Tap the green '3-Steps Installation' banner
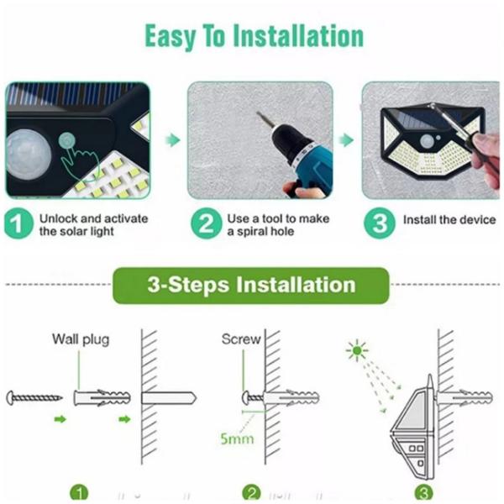coord(251,285)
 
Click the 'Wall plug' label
coord(81,339)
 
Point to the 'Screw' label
coord(241,339)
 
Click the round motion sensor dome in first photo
coord(25,154)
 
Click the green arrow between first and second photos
coord(171,140)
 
